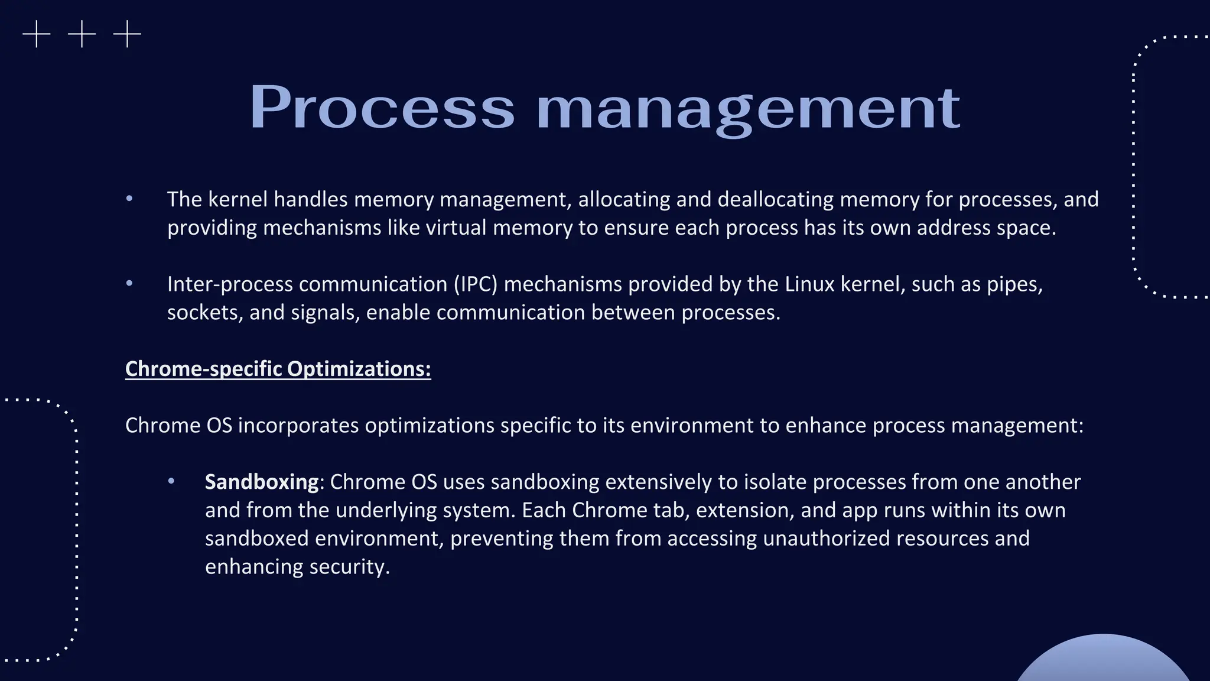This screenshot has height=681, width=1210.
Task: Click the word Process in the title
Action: click(x=382, y=108)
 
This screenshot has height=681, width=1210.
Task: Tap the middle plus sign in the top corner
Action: click(x=82, y=34)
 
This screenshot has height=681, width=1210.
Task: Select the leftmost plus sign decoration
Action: click(x=37, y=34)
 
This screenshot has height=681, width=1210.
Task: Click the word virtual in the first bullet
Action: click(x=456, y=228)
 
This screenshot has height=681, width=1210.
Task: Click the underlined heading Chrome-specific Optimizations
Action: click(x=278, y=369)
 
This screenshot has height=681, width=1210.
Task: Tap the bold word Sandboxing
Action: click(x=262, y=482)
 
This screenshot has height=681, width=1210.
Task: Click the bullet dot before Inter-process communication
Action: click(x=129, y=284)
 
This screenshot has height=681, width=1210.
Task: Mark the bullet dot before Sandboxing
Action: click(x=171, y=481)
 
